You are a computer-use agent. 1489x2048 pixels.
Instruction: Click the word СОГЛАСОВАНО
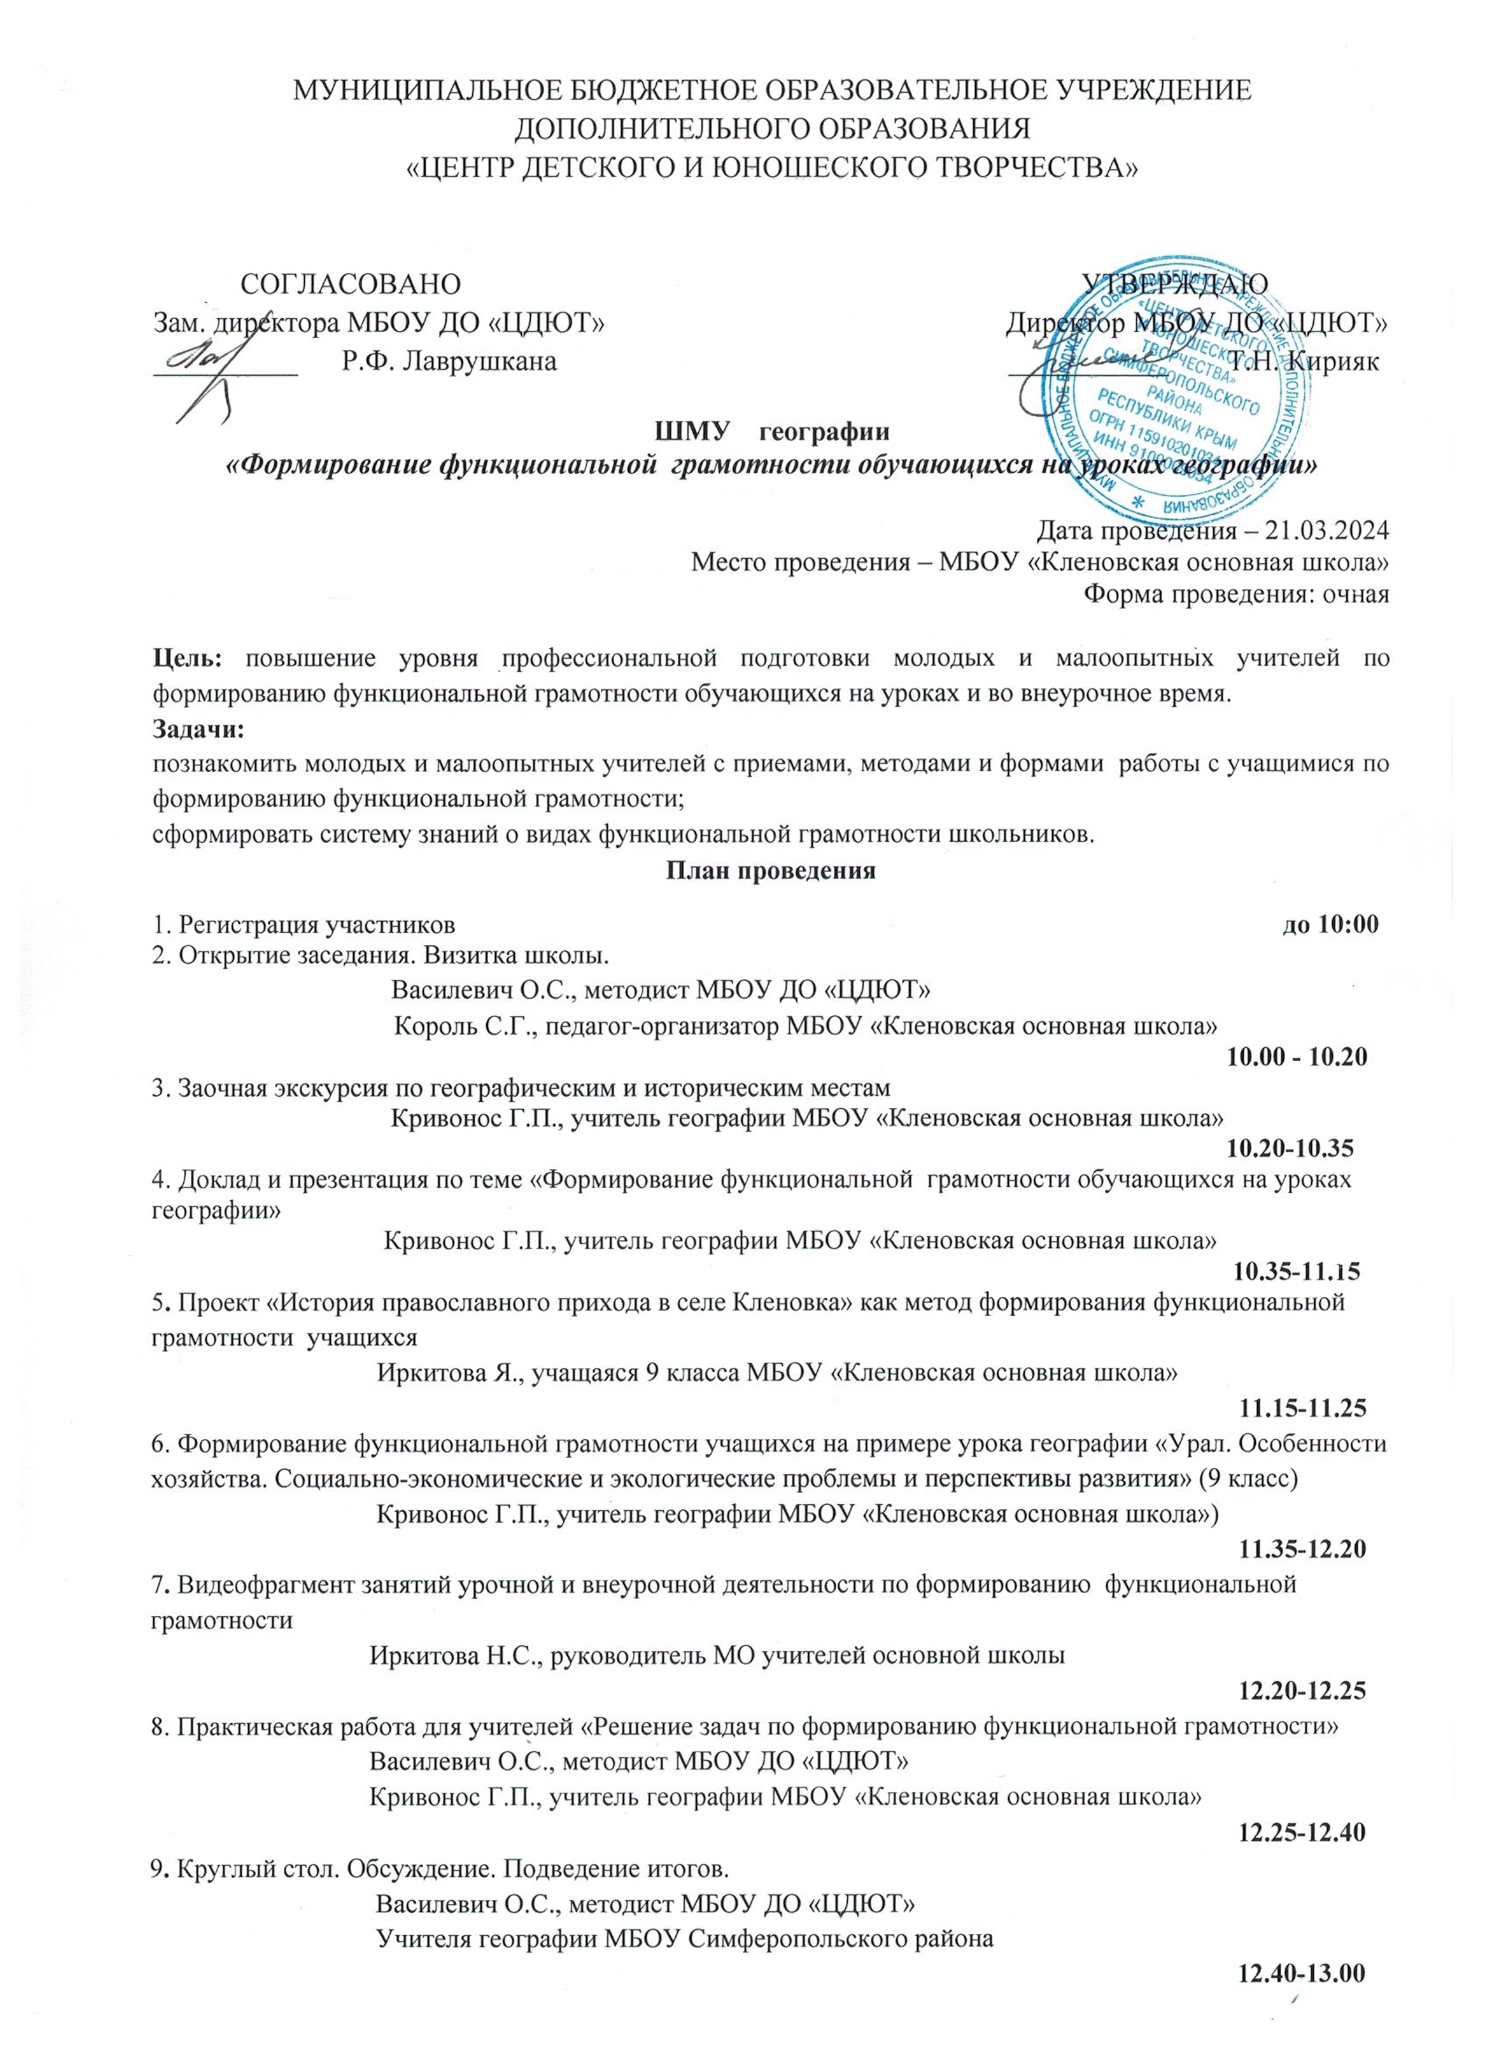tap(352, 283)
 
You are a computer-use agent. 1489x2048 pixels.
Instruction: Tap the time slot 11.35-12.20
tap(1302, 1550)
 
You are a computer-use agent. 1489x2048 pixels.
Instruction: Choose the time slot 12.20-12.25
tap(1302, 1689)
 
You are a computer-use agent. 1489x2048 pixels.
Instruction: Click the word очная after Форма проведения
tap(1354, 593)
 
